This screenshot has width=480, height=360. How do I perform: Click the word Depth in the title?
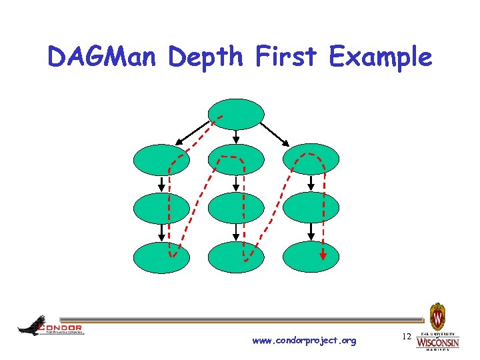click(x=206, y=59)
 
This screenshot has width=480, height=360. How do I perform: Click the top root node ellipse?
click(x=237, y=114)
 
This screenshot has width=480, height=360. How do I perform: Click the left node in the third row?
click(x=162, y=207)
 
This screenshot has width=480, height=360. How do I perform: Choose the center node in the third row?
click(x=237, y=207)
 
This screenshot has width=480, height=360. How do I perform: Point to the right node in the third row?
click(x=311, y=207)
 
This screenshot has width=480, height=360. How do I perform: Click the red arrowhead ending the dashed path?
click(x=323, y=255)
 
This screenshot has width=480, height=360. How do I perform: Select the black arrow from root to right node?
click(x=275, y=133)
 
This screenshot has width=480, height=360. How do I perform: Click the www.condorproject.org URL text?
click(x=304, y=341)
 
